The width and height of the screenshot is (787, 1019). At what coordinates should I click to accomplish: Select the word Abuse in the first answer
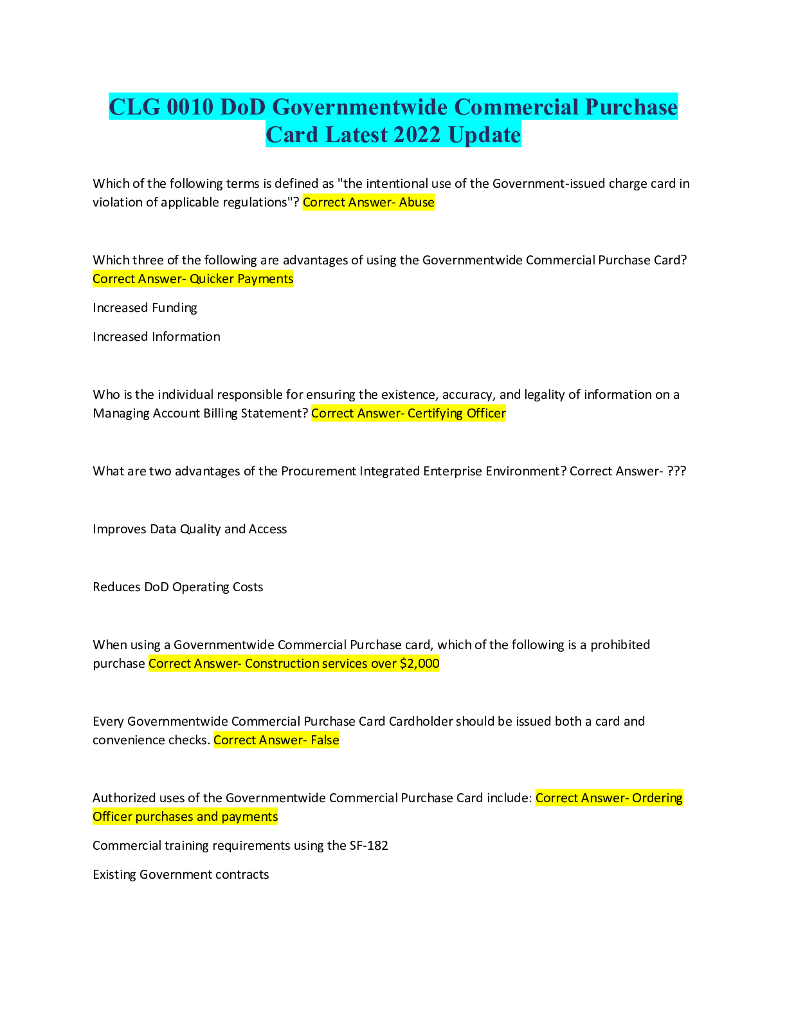click(x=417, y=202)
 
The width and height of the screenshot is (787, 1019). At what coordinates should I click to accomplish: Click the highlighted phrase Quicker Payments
click(x=241, y=279)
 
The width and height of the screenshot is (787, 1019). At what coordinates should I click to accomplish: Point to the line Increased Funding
click(x=145, y=308)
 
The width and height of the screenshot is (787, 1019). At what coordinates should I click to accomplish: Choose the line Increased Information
click(x=156, y=336)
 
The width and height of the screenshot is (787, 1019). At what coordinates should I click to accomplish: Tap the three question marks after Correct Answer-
click(x=676, y=471)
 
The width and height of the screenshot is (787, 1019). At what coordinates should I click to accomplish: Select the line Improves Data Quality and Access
click(x=190, y=529)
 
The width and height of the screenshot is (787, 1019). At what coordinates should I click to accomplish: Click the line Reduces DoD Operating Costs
click(x=178, y=587)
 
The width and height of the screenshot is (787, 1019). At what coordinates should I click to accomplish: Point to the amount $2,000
click(x=419, y=663)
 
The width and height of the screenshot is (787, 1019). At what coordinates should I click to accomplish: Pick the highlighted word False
click(x=325, y=740)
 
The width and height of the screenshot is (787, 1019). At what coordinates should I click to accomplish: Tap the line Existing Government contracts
click(x=181, y=874)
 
